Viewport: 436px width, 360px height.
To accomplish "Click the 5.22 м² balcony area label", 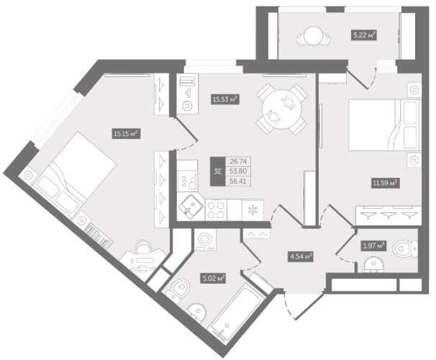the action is click(364, 35).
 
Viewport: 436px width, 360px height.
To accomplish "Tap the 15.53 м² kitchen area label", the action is click(225, 99).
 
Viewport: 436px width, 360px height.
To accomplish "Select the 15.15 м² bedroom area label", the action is click(126, 134).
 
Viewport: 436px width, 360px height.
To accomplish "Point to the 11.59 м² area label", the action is click(385, 183).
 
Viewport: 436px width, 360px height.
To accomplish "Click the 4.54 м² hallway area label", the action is click(301, 256).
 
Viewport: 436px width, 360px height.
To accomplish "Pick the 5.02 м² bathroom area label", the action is click(213, 278).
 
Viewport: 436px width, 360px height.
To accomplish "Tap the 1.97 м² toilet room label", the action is click(373, 246).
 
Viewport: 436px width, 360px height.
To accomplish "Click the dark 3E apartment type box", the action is click(217, 171).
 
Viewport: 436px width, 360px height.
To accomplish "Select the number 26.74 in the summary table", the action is click(238, 161).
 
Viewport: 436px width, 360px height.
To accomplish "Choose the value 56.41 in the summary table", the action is click(238, 181).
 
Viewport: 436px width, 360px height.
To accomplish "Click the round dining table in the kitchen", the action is click(282, 109).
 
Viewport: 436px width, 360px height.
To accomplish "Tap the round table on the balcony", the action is click(314, 36).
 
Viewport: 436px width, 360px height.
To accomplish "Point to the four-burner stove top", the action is click(216, 210).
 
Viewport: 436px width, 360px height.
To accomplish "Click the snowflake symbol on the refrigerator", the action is click(253, 210).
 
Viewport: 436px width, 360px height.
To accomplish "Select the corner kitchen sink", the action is click(191, 207).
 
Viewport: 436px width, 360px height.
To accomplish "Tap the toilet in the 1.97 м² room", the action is click(405, 248).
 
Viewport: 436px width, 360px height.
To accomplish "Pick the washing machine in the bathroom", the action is click(205, 240).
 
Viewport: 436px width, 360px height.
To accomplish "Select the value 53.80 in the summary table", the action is click(238, 171).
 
